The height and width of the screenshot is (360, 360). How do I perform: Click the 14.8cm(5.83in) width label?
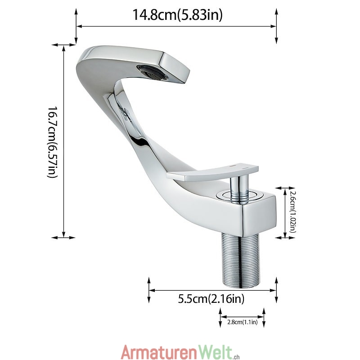177,15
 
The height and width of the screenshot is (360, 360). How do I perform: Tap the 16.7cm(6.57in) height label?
53,142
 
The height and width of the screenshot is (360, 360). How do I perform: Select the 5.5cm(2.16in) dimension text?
211,299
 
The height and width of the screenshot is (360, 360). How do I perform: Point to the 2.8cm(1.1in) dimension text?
243,322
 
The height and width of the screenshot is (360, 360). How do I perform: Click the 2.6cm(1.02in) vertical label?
292,212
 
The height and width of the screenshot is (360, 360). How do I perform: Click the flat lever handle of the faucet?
212,172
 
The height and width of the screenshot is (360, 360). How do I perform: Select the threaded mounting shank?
241,260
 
